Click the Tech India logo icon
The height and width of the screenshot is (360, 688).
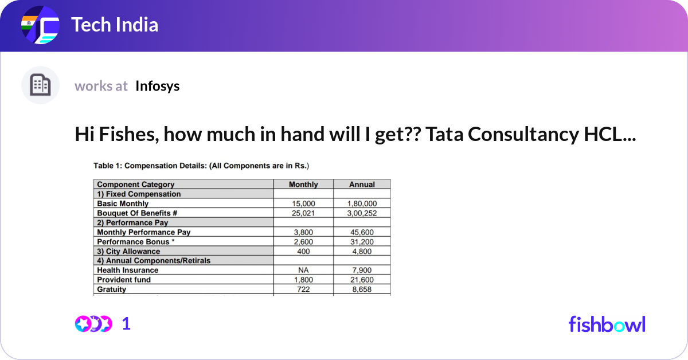point(40,26)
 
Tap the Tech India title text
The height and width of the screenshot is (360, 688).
point(115,25)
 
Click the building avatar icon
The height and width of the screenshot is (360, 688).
point(40,85)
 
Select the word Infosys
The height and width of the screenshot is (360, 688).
point(158,86)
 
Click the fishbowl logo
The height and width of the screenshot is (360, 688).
point(607,324)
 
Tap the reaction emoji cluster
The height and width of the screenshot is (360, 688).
point(93,324)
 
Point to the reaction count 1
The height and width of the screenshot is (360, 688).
point(127,324)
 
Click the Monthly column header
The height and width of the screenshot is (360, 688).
point(303,185)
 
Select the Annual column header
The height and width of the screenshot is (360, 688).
point(362,185)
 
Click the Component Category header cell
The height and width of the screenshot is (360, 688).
point(136,185)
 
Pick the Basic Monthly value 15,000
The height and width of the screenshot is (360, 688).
point(303,204)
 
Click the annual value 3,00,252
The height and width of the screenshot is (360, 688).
point(362,213)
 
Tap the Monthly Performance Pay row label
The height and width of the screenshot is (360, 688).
point(143,232)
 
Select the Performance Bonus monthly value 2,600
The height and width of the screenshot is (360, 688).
point(303,242)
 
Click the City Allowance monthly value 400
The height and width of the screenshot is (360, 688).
point(303,251)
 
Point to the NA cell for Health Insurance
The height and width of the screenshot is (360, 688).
point(303,270)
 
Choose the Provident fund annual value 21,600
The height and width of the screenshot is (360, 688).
point(362,280)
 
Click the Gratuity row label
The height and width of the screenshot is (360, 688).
point(111,289)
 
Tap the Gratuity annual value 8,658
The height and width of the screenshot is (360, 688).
point(362,289)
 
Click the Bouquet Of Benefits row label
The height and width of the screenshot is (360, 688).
point(137,213)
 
